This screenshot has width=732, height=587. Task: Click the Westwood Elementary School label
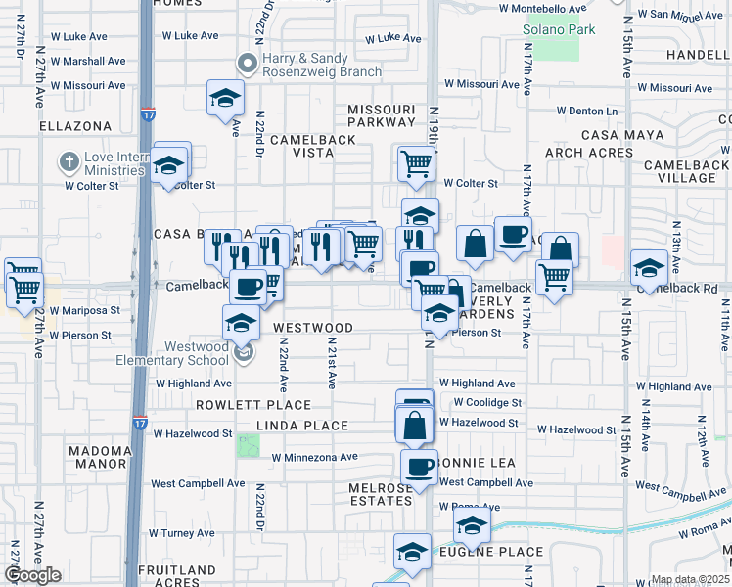pos(197,353)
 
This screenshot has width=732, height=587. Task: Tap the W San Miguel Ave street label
pos(679,15)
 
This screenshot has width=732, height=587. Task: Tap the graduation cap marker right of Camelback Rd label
pos(649,266)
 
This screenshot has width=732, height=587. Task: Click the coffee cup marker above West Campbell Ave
pos(420,467)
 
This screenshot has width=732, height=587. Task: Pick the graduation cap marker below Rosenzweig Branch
pos(225,99)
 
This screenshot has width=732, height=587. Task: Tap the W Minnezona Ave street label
pos(314,457)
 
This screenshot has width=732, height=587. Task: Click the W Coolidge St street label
pos(487,403)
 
